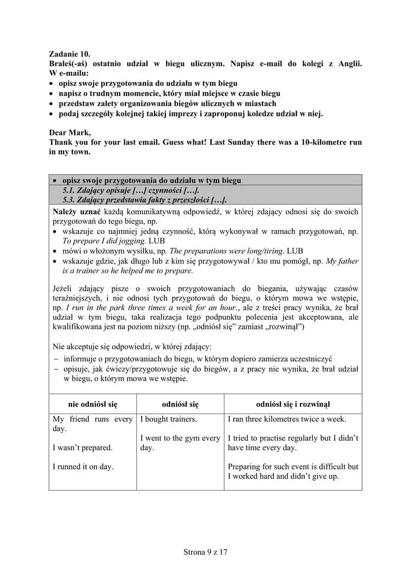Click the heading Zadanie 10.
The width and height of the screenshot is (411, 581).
[x=69, y=53]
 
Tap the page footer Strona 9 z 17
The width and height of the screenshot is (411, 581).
[x=205, y=552]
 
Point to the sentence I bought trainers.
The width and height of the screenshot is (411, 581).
[x=169, y=419]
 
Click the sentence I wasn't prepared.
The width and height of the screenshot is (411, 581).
[x=83, y=447]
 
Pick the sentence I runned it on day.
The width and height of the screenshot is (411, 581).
[x=83, y=466]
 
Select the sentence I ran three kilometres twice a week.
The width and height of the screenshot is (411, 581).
[x=287, y=419]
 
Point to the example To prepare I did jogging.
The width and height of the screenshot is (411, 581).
[x=104, y=240]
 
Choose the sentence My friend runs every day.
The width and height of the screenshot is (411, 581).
[x=92, y=424]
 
